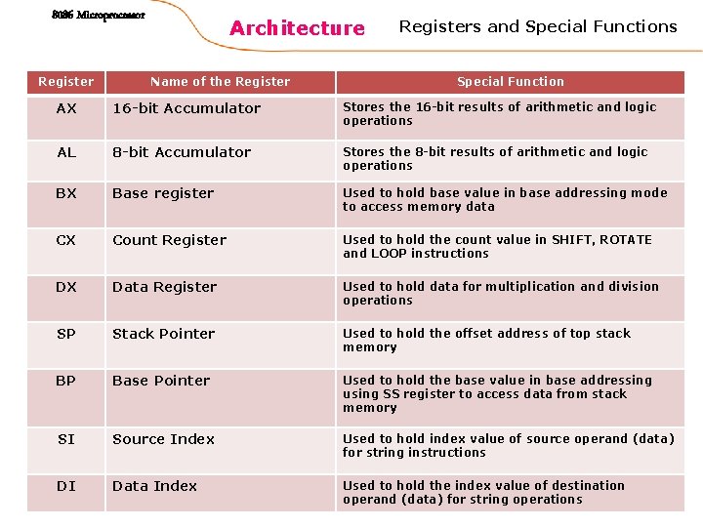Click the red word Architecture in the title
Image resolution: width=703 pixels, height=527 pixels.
[297, 28]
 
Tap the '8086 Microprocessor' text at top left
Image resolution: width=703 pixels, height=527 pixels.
[98, 16]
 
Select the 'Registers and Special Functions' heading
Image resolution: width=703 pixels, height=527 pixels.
[538, 26]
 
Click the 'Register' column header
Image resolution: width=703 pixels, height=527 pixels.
[66, 82]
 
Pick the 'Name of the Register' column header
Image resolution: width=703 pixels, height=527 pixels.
[220, 82]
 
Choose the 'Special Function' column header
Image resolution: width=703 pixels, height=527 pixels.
[511, 82]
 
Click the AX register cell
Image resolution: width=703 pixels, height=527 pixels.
[66, 108]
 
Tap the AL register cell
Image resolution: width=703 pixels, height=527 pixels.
[66, 152]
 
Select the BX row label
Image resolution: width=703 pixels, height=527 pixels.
[66, 193]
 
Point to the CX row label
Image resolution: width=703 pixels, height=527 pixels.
[66, 240]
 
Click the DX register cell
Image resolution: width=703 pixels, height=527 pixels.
[66, 287]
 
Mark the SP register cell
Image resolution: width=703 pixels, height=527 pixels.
[66, 334]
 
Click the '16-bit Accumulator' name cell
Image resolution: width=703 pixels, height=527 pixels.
[186, 108]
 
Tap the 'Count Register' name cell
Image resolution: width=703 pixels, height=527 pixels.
[169, 240]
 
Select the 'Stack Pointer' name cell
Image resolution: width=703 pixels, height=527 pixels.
[163, 334]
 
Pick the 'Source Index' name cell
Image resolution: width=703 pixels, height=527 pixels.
[163, 439]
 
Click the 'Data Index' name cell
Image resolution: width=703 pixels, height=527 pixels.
[154, 486]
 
